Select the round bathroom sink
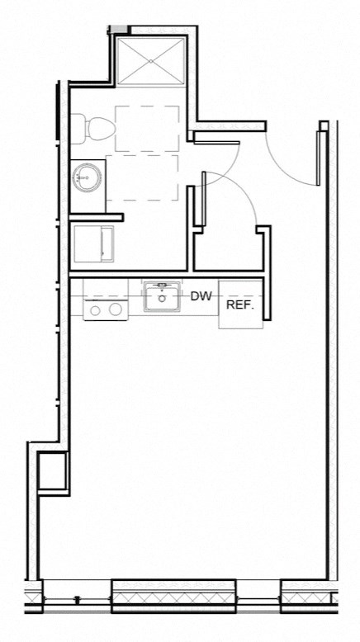point(85,177)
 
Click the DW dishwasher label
point(201,296)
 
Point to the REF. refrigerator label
point(239,304)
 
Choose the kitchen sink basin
point(163,299)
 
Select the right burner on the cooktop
point(116,309)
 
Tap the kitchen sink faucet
point(163,286)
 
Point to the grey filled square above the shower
point(121,30)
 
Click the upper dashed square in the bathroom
point(148,128)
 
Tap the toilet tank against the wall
point(77,127)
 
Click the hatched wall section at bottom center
point(174,593)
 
